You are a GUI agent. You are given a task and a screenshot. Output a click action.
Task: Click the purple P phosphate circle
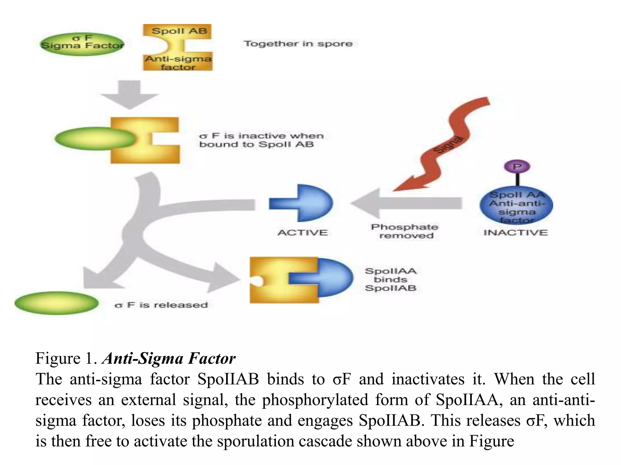[517, 167]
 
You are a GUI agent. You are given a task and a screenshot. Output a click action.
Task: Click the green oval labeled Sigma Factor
[82, 45]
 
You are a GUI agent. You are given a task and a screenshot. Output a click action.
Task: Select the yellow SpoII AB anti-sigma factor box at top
[178, 48]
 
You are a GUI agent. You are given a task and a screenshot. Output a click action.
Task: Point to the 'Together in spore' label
[298, 44]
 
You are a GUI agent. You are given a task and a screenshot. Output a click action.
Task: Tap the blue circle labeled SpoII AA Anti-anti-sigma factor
[516, 206]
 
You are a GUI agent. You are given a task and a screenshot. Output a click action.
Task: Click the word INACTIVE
[515, 232]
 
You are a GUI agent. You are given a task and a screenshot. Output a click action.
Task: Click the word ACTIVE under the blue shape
[303, 232]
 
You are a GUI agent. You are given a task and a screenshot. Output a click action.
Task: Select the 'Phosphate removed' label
[405, 231]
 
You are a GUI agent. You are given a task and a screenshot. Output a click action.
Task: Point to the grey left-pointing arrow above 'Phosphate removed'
[406, 203]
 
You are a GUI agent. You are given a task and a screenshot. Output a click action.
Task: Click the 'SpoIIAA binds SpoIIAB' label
[391, 279]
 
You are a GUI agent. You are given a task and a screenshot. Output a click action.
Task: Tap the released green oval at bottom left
[57, 303]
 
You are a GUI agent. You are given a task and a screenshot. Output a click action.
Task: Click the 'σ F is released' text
[161, 305]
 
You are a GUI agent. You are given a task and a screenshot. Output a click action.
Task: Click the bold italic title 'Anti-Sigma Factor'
[169, 358]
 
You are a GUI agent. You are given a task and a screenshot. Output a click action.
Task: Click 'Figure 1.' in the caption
[66, 358]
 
